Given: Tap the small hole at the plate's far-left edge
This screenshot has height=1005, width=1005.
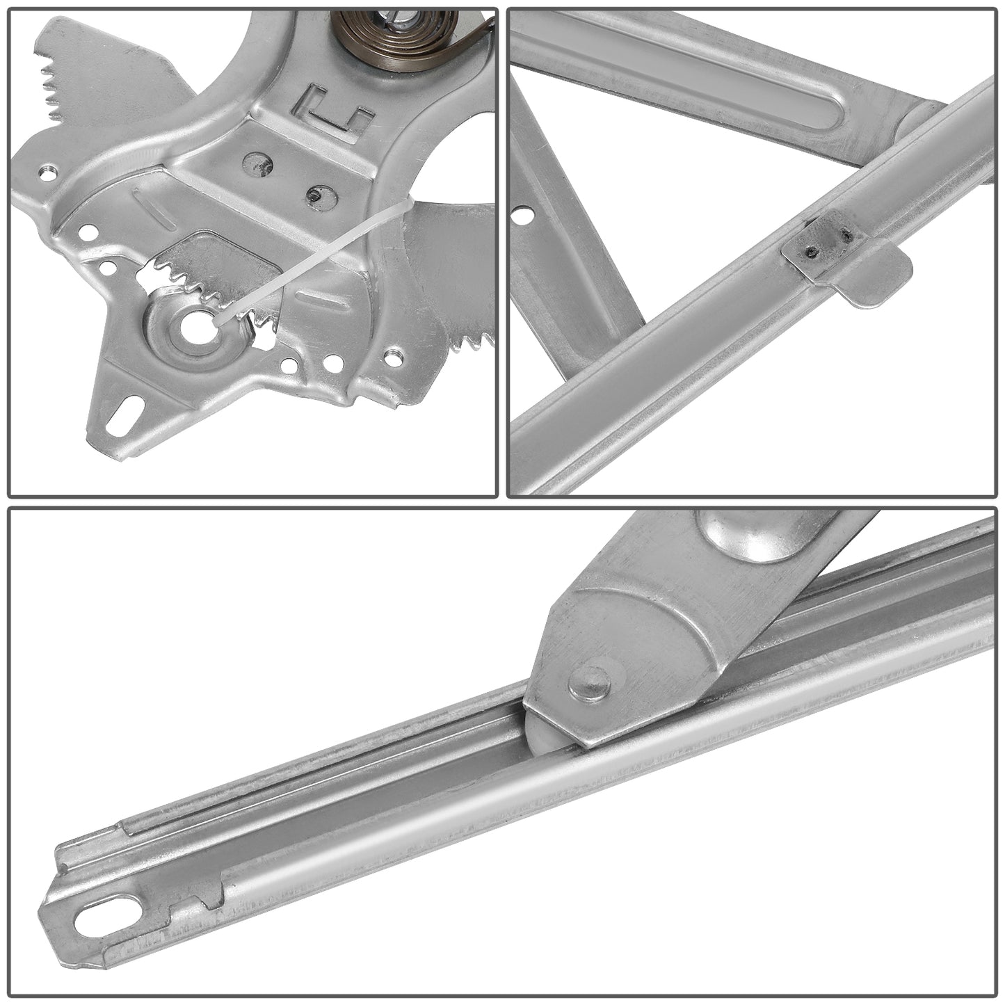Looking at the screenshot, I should [x=47, y=172].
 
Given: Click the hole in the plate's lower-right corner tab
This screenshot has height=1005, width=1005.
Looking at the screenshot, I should [x=394, y=358].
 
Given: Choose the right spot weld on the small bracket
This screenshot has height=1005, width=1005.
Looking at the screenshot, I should [x=846, y=237].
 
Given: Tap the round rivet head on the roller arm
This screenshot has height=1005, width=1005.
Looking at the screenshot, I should [x=590, y=683].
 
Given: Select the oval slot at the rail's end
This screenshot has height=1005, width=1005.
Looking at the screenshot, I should [x=108, y=916].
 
